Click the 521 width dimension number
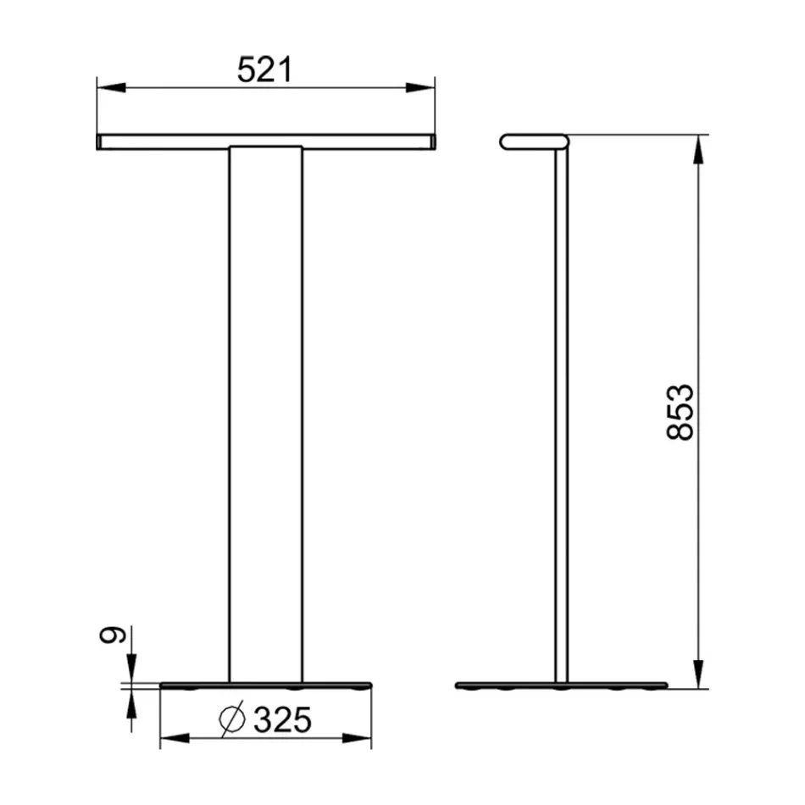(x=264, y=70)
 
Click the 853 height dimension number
(x=680, y=412)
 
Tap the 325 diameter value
(x=283, y=719)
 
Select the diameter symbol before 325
(x=232, y=719)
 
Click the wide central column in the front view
(x=265, y=407)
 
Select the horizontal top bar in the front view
(x=265, y=142)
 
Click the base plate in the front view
(x=265, y=683)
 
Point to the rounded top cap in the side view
(x=534, y=142)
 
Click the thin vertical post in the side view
(x=562, y=407)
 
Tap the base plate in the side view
(x=561, y=685)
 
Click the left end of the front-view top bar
(x=100, y=142)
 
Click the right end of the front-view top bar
(x=431, y=142)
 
